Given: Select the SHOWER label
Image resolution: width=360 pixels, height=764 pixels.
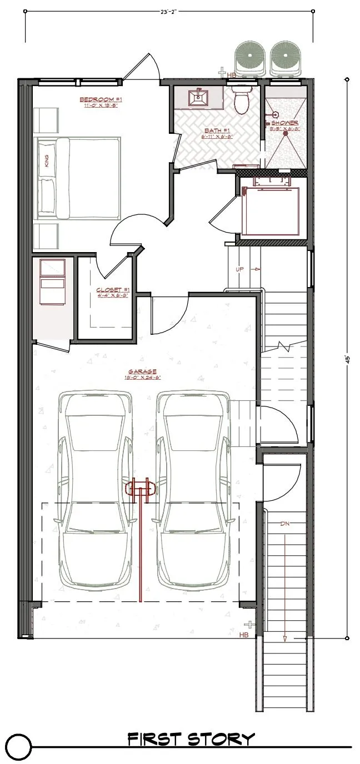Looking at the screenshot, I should coord(284,123).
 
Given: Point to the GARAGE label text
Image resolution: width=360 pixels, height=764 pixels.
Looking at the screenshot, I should coord(142,371).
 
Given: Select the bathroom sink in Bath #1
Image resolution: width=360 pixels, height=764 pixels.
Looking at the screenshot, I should coord(198,98).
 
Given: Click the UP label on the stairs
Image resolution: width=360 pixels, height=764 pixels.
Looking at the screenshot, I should coord(240,269).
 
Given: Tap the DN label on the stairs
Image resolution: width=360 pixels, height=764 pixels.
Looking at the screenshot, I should coord(284,524).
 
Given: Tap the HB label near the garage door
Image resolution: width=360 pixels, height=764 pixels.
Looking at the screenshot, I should coord(243,635).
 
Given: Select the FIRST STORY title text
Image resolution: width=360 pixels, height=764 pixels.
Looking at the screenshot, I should coord(191,739).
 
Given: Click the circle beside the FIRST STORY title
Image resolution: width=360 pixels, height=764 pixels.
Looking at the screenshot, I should coord(18,746).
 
